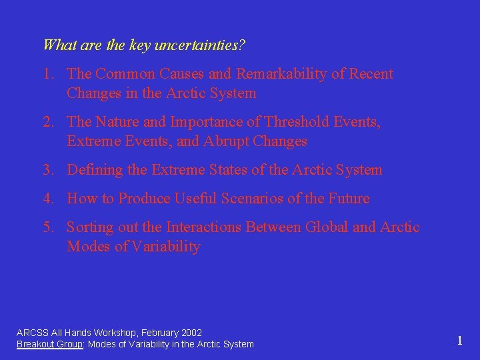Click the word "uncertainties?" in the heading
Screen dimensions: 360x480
199,45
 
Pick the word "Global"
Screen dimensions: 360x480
327,227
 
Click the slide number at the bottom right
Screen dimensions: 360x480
459,341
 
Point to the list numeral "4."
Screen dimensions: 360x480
50,199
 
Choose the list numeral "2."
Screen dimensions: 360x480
50,122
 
